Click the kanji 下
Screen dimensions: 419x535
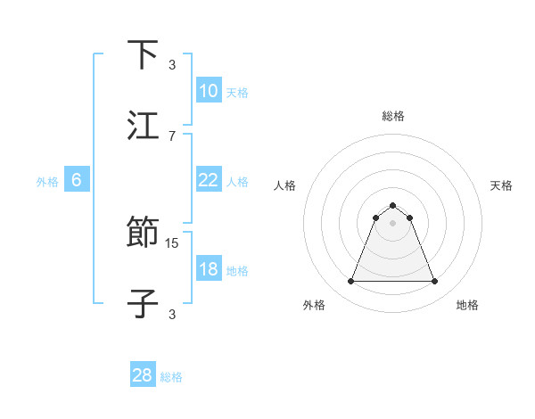point(143,55)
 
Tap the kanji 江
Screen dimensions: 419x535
point(143,126)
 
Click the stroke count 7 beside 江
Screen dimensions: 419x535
point(172,136)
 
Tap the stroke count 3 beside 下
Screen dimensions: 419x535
point(172,65)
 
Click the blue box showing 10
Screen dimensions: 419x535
point(208,90)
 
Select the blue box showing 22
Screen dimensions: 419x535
point(208,180)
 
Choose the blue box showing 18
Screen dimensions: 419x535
point(208,269)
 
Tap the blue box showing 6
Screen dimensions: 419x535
point(77,180)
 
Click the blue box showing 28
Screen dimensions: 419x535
point(143,375)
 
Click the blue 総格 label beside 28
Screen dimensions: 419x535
point(172,377)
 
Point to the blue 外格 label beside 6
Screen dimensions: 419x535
point(47,182)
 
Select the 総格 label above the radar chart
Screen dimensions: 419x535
point(393,116)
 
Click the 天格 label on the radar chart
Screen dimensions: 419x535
point(502,185)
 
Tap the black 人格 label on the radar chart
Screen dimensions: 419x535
point(285,185)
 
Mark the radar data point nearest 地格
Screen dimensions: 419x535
point(435,282)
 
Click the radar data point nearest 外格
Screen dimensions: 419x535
point(350,282)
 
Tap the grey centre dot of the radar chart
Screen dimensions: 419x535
point(393,223)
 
